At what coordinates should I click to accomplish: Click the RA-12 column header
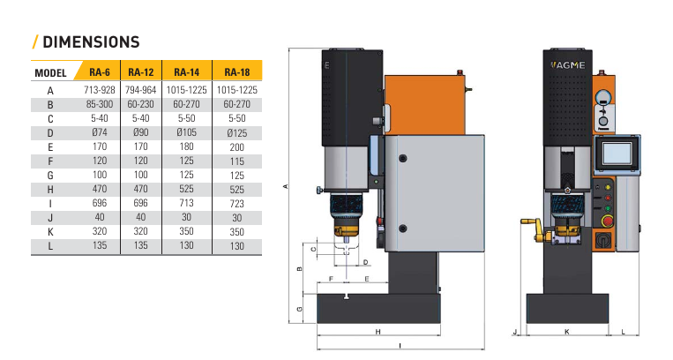[141, 72]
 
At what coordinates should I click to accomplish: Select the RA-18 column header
[237, 72]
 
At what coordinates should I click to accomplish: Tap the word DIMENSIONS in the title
[92, 42]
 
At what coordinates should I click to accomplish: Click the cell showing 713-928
[100, 90]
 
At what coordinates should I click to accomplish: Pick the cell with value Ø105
[187, 132]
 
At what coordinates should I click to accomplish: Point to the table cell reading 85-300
[100, 104]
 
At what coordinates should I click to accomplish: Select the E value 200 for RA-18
[237, 147]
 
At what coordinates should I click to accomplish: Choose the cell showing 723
[237, 203]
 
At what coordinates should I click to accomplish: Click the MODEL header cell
[50, 72]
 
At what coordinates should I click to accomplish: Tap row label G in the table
[50, 176]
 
